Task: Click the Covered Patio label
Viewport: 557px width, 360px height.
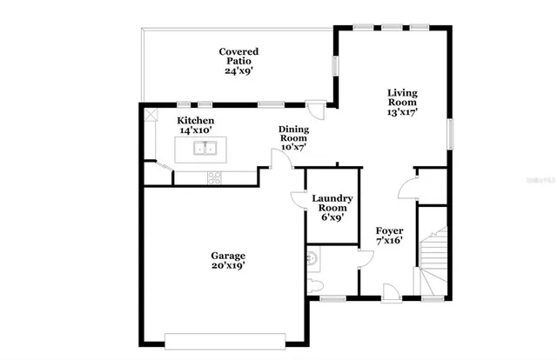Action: [x=238, y=57]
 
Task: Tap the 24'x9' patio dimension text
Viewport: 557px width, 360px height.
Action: [x=238, y=71]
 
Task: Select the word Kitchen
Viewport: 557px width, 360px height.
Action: [x=196, y=120]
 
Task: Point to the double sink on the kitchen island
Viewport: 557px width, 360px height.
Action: [x=205, y=149]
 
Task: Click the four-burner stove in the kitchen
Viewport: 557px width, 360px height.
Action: [x=214, y=177]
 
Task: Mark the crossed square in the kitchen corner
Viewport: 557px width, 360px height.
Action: [x=150, y=113]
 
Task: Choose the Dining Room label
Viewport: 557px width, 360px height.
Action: [x=292, y=134]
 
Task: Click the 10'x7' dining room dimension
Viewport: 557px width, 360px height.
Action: [x=292, y=147]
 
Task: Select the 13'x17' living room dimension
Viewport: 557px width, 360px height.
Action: [x=402, y=112]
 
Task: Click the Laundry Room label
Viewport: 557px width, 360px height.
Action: [x=330, y=203]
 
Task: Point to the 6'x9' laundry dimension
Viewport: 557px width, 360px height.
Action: [x=330, y=217]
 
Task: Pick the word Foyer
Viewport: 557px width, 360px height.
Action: [x=389, y=230]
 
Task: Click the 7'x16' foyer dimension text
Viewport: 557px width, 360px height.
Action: [x=389, y=241]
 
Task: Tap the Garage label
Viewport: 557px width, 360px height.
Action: [x=228, y=256]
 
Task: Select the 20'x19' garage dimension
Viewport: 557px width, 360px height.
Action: [x=228, y=267]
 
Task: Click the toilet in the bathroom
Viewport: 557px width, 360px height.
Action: [x=315, y=284]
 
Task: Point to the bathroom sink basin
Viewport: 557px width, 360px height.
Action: [x=312, y=257]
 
